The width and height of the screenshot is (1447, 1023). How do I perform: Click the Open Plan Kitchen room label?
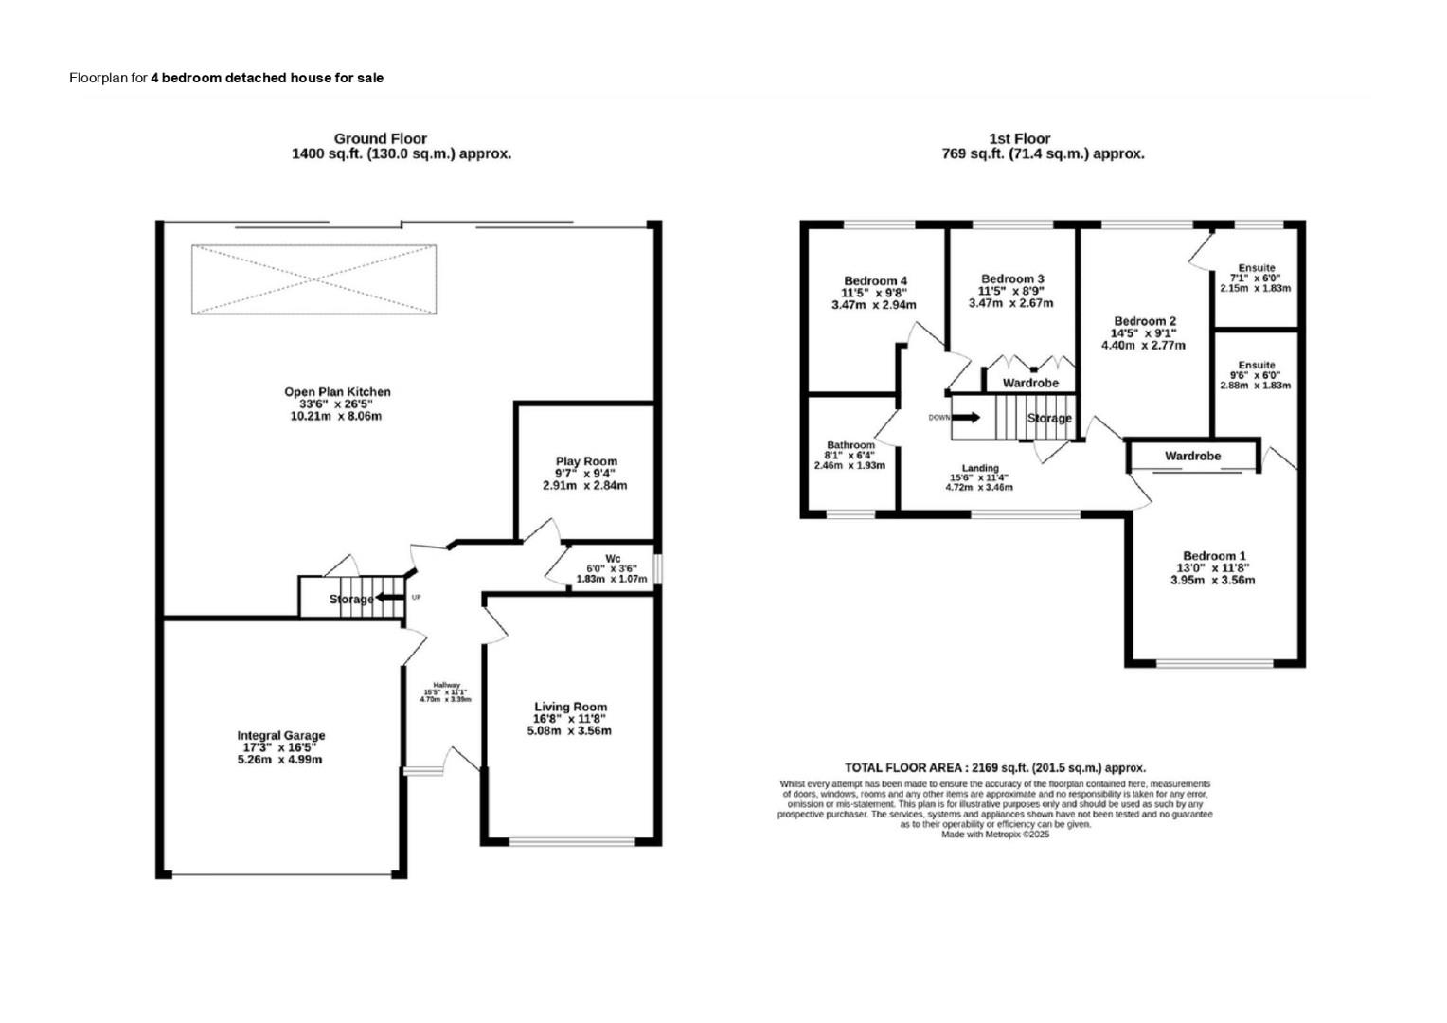337,392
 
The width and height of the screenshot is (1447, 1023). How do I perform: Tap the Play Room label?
585,461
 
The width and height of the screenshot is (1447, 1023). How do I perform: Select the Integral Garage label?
280,735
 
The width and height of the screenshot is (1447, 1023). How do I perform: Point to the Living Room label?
570,707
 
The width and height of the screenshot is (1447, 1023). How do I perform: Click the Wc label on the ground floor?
612,558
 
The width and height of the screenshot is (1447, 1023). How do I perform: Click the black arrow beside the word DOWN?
967,417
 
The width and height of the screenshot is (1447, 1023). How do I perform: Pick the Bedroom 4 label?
875,281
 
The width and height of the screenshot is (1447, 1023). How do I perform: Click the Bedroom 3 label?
1012,278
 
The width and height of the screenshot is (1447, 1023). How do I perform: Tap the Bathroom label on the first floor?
850,445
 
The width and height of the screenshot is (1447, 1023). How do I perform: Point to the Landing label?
979,468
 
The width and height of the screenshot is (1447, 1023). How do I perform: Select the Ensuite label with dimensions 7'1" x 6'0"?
1256,268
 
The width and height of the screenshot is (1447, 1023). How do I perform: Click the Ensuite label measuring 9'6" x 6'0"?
1256,365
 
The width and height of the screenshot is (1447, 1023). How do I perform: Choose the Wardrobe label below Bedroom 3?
1030,384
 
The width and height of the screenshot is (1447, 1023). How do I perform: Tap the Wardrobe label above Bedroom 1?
1192,457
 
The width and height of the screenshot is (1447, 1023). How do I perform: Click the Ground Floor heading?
380,138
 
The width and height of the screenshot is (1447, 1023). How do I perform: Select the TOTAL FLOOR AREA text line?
994,768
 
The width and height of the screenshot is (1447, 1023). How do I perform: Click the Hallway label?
446,686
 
